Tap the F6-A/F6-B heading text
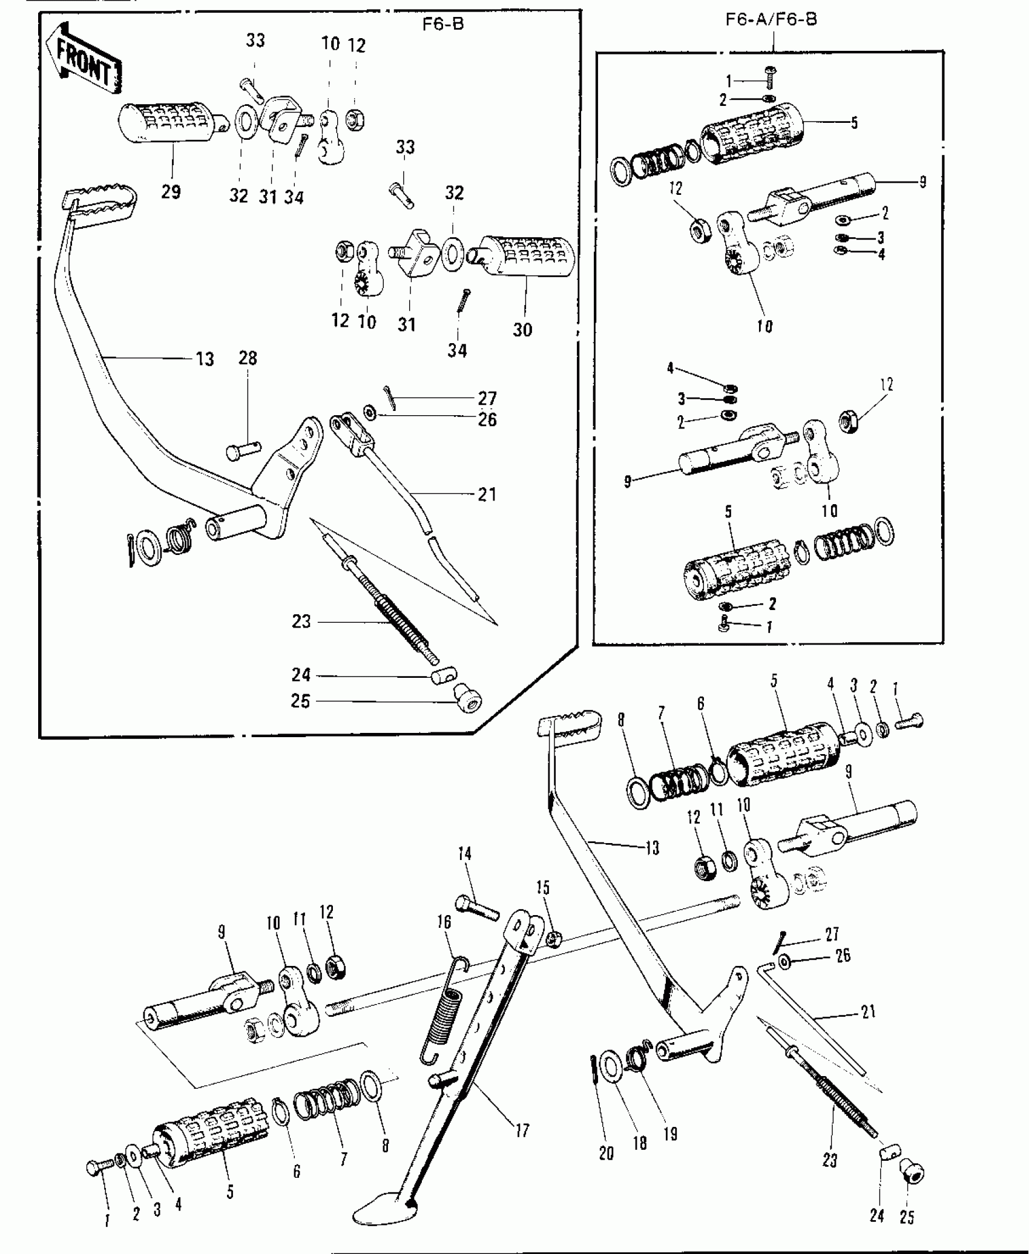coord(771,19)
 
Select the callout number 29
coord(171,192)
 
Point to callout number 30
coord(522,330)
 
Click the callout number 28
coord(248,358)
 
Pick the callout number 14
coord(464,855)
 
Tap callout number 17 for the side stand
coord(522,1130)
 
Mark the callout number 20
coord(606,1154)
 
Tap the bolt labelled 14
coord(478,906)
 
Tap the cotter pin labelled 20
coord(593,1072)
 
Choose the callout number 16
coord(444,922)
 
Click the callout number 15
coord(543,888)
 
